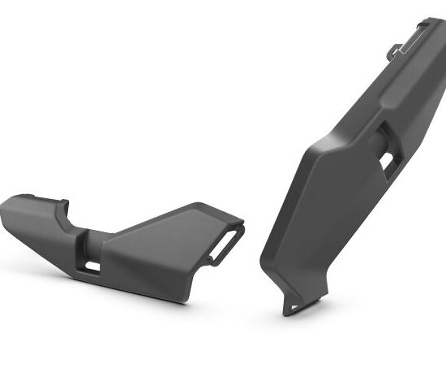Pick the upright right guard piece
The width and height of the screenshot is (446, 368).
(x=341, y=179)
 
